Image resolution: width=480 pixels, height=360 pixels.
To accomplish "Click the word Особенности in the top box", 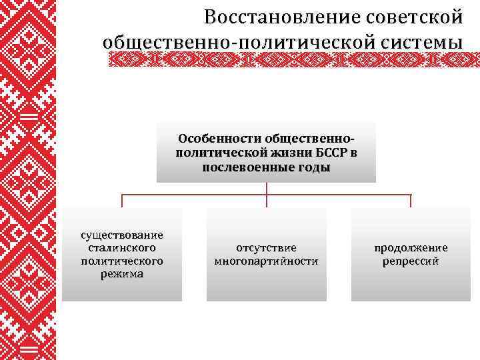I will tap(219, 139).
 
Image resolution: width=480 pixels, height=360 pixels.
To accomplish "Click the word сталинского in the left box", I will tap(122, 247).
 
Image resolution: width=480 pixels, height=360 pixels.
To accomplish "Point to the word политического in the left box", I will tap(122, 261).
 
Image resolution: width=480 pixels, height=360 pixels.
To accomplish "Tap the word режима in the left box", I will tap(122, 274).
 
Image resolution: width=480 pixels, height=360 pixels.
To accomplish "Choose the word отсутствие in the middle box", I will tap(266, 247).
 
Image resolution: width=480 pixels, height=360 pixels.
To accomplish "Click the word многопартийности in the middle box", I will tap(266, 261).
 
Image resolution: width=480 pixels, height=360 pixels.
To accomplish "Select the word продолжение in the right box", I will tap(411, 247).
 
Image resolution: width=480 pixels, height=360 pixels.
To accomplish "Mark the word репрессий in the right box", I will tap(411, 261).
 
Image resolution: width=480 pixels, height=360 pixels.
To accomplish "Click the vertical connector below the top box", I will tap(267, 189).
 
